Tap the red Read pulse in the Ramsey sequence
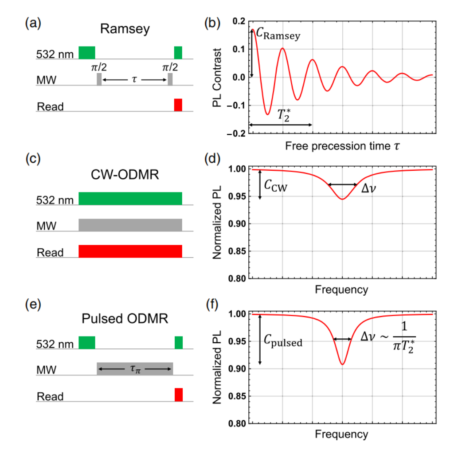tap(178, 105)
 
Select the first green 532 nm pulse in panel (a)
tap(87, 52)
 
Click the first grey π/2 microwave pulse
tap(99, 79)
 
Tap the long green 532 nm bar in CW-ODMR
tap(130, 198)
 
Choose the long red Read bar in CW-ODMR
tap(130, 251)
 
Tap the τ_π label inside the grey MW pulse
tap(134, 369)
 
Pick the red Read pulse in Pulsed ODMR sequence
tap(178, 394)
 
